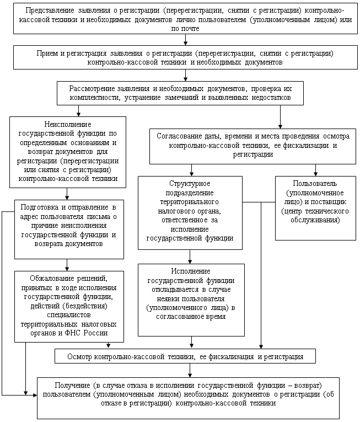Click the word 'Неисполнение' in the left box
point(67,125)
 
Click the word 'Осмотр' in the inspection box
point(80,357)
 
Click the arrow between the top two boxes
point(186,40)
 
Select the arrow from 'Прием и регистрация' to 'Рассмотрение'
point(186,76)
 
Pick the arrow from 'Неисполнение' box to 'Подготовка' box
point(67,193)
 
